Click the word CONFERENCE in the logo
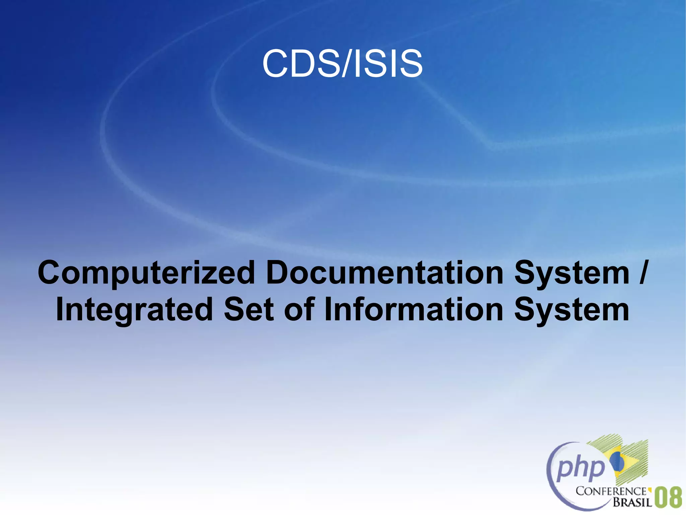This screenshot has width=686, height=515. tap(611, 492)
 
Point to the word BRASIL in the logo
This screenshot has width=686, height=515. tap(632, 502)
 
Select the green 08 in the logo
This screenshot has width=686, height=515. tap(668, 498)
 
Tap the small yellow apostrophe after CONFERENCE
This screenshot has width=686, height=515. tap(649, 489)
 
